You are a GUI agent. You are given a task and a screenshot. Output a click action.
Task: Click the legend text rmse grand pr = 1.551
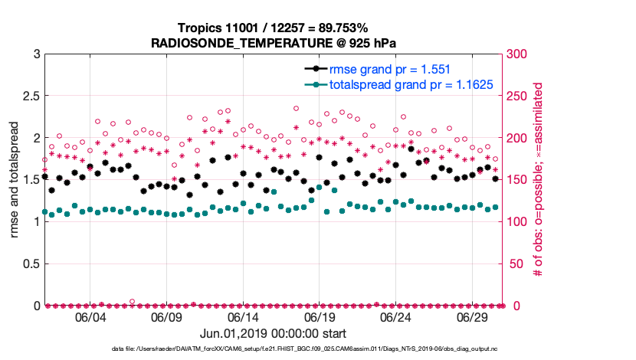pos(388,70)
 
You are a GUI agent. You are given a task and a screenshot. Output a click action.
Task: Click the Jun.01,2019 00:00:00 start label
pos(274,334)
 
